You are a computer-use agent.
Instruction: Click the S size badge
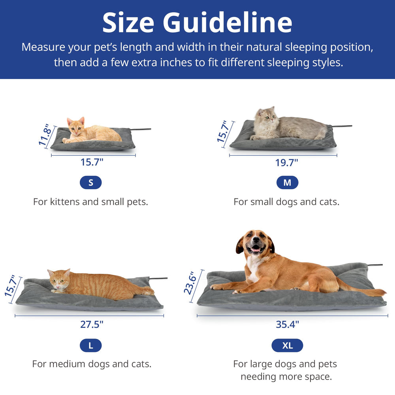(90, 182)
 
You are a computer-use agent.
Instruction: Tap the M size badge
(287, 182)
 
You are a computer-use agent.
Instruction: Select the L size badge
(90, 346)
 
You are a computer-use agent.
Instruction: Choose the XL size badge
(287, 346)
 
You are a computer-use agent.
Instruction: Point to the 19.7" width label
(286, 162)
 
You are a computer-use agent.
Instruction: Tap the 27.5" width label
(91, 324)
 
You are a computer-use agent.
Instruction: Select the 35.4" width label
(287, 324)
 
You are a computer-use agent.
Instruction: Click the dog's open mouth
(256, 249)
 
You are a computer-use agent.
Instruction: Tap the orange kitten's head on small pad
(75, 126)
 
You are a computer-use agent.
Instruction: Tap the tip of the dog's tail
(382, 292)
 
